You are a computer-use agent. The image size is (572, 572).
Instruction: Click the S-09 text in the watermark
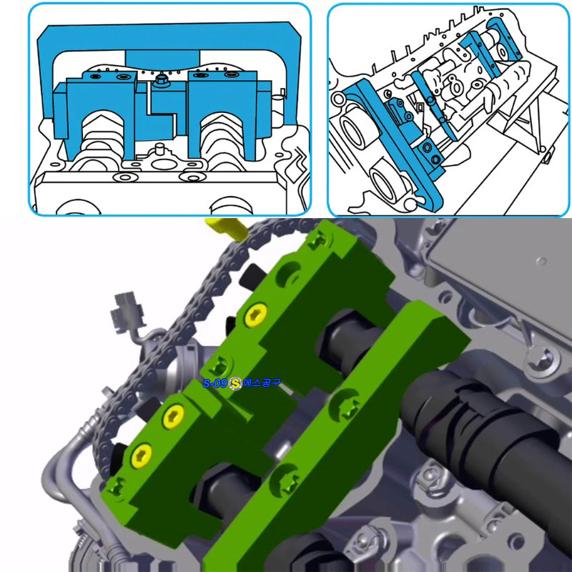click(x=215, y=383)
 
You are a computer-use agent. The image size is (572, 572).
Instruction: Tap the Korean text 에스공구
click(x=262, y=383)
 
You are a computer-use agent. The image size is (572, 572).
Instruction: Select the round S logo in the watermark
click(x=235, y=383)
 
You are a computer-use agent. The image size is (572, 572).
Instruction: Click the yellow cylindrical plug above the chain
click(x=226, y=228)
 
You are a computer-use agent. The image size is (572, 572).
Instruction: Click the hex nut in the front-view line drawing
click(x=161, y=80)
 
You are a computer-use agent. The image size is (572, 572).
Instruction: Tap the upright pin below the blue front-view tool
click(x=159, y=149)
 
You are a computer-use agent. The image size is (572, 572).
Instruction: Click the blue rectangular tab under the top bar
click(x=162, y=59)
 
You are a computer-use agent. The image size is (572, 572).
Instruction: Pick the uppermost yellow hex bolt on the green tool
click(x=255, y=315)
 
